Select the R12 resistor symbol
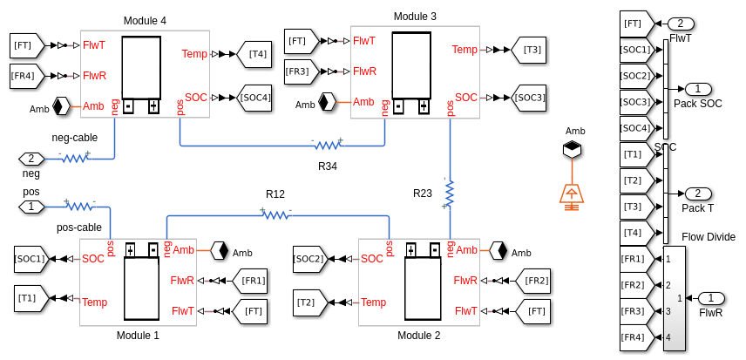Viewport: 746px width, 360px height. pos(275,214)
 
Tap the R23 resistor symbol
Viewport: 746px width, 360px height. pos(450,194)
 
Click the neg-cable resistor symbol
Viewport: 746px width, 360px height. pos(74,159)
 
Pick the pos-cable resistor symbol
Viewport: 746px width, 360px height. pos(79,207)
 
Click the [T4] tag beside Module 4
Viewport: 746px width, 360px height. pos(256,54)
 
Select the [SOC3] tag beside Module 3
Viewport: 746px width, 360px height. pos(528,98)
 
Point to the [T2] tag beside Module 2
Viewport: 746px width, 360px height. pos(308,302)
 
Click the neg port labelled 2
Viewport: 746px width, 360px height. pos(31,159)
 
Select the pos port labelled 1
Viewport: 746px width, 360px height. pos(31,207)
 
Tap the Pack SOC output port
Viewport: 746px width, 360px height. pos(698,89)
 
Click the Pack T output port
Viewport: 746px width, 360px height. pos(698,194)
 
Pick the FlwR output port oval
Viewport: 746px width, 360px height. pos(710,298)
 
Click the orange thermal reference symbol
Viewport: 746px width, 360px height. pos(571,195)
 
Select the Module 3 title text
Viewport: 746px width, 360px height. pos(415,17)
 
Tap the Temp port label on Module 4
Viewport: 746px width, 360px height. pos(194,54)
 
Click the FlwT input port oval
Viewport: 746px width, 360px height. pos(681,24)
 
